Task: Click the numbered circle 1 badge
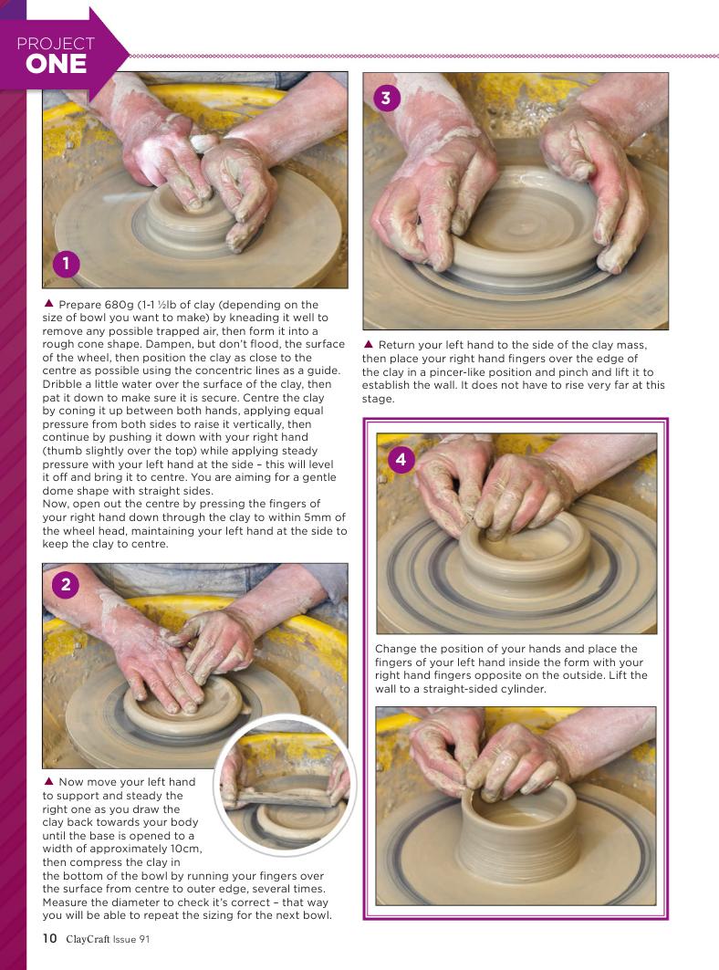[67, 264]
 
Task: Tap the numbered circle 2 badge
[66, 585]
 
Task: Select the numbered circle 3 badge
[386, 98]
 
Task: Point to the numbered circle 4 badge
[401, 460]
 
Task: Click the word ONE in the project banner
[57, 64]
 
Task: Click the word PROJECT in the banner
[56, 43]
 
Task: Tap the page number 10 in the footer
[49, 938]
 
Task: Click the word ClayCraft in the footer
[88, 939]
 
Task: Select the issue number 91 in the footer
[144, 939]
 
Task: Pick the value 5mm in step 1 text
[318, 517]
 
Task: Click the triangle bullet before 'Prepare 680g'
[48, 304]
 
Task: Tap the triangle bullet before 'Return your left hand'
[368, 344]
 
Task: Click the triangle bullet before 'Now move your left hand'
[48, 781]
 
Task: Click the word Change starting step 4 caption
[395, 649]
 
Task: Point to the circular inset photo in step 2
[286, 785]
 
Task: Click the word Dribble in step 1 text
[62, 383]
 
